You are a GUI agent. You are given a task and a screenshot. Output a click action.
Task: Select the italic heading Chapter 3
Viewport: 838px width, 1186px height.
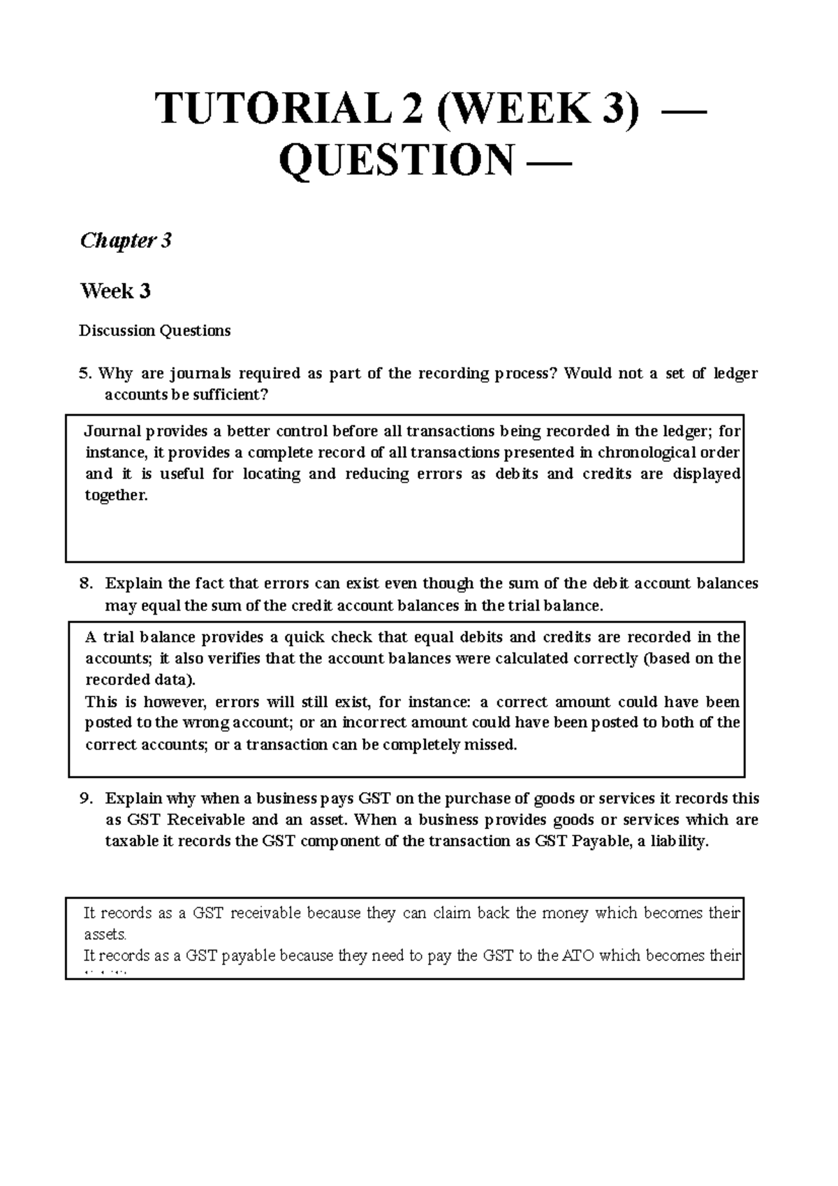pos(126,241)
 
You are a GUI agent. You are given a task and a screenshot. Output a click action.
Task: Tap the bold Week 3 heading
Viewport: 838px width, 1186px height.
pos(115,291)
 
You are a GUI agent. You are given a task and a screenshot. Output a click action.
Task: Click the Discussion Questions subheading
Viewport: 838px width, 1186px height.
pos(154,330)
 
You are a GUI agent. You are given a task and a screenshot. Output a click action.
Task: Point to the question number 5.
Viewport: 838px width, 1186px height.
pos(84,374)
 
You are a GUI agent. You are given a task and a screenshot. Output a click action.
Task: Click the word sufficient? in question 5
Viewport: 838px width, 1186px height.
pos(230,395)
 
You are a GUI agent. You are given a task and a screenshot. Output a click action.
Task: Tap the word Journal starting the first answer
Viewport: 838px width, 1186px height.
pos(113,431)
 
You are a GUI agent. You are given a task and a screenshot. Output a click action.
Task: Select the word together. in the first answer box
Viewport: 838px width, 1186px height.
pos(117,496)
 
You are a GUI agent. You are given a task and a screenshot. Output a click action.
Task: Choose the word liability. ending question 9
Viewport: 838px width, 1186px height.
pos(679,842)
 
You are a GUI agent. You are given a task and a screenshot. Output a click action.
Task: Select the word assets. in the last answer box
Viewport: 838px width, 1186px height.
pos(105,935)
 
